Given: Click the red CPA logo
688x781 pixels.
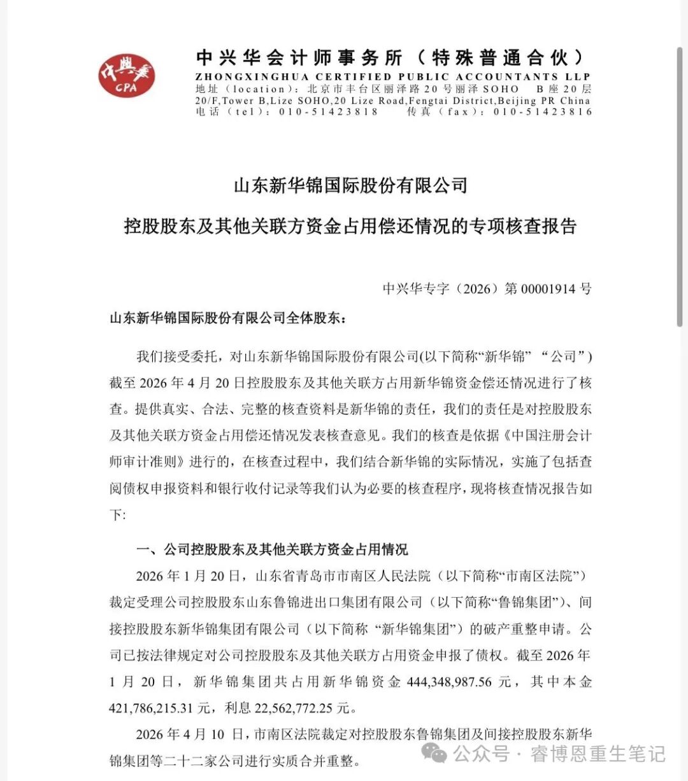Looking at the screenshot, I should point(126,76).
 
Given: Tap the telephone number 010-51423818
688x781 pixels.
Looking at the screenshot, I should point(328,111).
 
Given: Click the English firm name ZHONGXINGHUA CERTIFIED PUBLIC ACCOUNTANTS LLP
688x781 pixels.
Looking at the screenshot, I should point(393,77).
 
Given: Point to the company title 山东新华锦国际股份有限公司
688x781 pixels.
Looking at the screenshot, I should point(351,186).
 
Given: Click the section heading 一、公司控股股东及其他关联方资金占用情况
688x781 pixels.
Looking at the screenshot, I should point(273,549).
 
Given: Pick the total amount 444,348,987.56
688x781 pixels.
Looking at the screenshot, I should point(448,682).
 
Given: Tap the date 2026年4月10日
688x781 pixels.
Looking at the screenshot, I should point(190,735).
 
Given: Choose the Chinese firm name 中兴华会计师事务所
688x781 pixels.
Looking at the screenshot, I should point(299,58).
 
